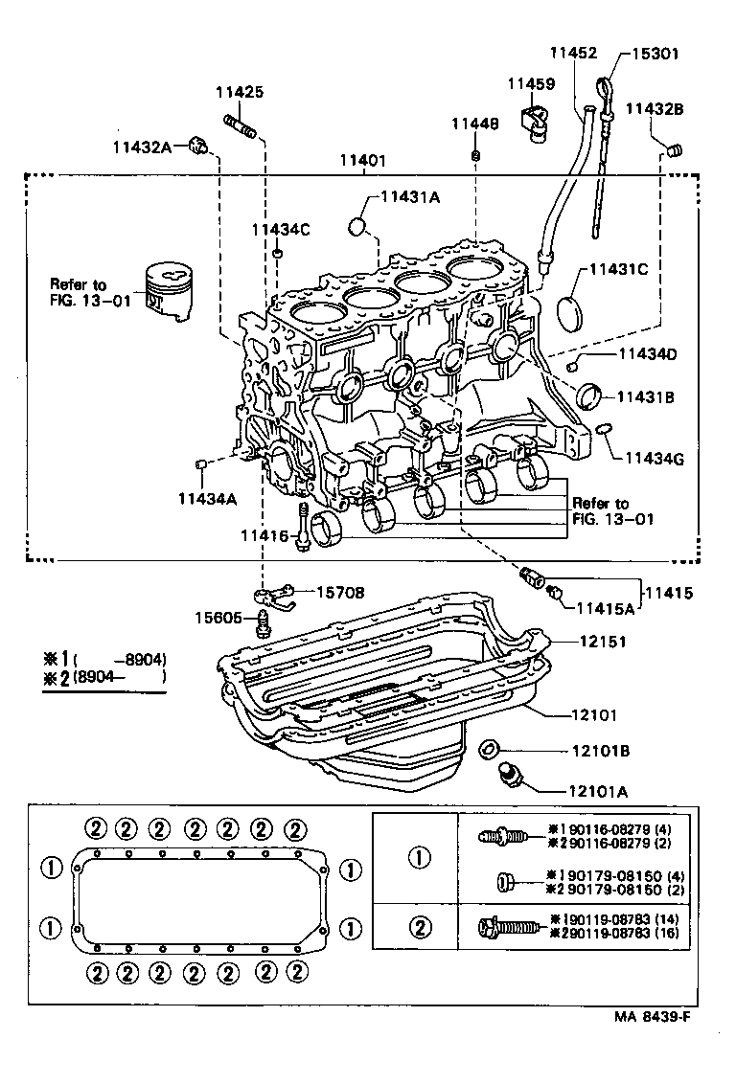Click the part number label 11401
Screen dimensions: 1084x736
tap(362, 162)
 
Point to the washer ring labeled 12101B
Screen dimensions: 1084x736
tap(488, 749)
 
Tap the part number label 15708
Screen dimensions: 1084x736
tap(340, 594)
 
